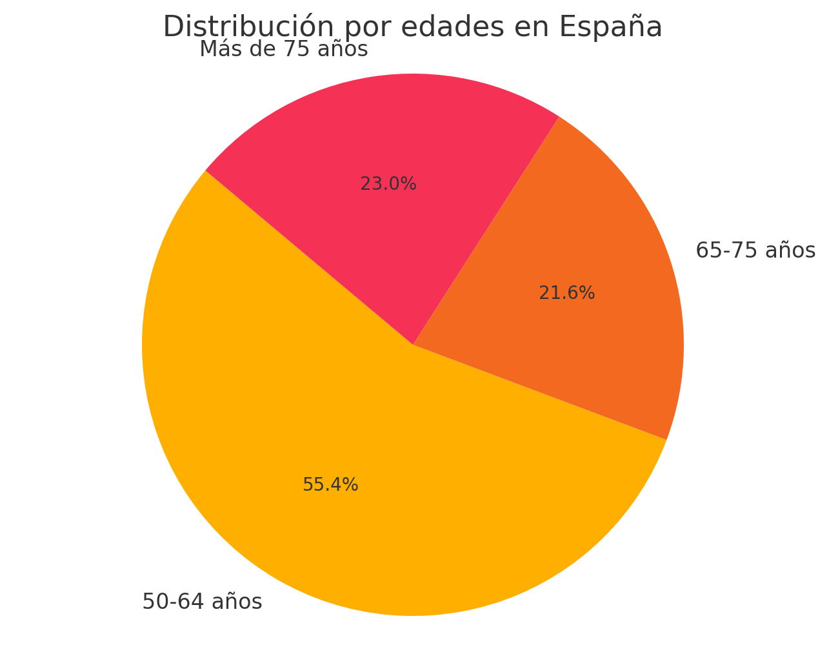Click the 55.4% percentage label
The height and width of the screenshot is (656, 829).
[x=330, y=485]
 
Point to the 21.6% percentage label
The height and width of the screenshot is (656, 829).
[x=566, y=293]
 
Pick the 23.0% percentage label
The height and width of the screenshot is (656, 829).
[x=388, y=184]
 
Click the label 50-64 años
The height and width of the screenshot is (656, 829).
[x=202, y=602]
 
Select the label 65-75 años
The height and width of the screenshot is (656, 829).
[x=755, y=251]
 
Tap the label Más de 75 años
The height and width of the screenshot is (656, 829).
[x=283, y=49]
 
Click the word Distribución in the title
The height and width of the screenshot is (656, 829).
[x=248, y=27]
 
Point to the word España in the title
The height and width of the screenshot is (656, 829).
[x=610, y=27]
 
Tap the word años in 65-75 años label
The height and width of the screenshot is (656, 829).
[x=790, y=251]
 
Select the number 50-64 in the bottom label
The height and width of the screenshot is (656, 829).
[x=173, y=602]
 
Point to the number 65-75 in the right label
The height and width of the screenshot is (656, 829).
[x=726, y=251]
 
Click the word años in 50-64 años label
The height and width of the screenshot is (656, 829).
[x=237, y=602]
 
